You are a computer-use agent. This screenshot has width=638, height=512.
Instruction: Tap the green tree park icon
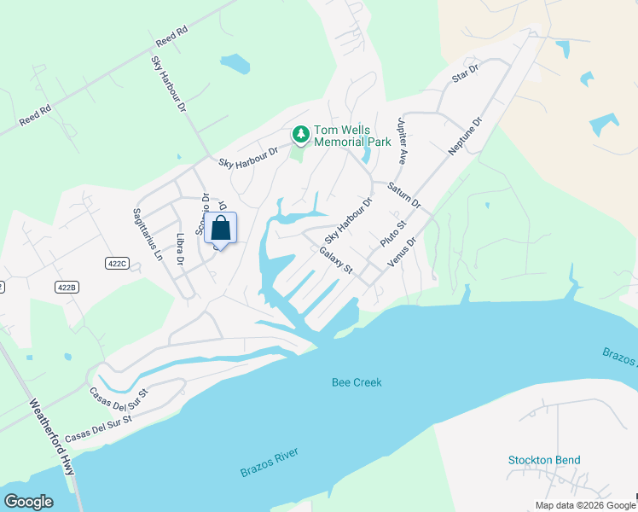click(x=300, y=134)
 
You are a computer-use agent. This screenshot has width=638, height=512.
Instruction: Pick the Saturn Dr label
click(x=403, y=195)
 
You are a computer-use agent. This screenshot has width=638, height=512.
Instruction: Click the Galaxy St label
click(x=336, y=260)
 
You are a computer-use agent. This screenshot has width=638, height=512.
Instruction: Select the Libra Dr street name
click(x=180, y=249)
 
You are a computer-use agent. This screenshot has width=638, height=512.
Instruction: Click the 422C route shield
click(x=117, y=264)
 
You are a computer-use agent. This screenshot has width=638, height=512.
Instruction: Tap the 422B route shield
click(x=67, y=288)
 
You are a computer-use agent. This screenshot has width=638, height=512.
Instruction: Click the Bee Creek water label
click(x=357, y=382)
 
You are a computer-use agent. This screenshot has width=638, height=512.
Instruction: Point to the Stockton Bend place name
click(x=544, y=461)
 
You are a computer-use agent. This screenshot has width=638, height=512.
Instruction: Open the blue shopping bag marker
click(x=220, y=229)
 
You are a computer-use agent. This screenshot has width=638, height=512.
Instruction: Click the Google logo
click(x=28, y=502)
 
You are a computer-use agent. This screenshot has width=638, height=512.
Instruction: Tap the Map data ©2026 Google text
click(x=584, y=505)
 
